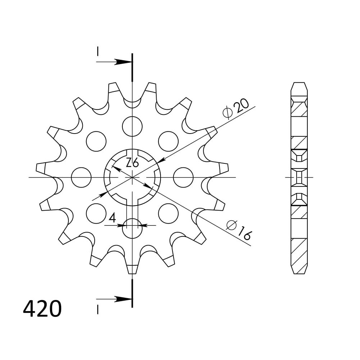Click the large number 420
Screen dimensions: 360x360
coord(42,309)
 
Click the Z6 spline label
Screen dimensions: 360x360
coord(132,163)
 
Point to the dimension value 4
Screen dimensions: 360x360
coord(112,218)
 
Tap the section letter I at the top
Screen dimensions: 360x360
coord(98,51)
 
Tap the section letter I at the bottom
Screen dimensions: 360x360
coord(98,309)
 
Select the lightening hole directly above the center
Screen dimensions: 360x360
coord(132,126)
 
